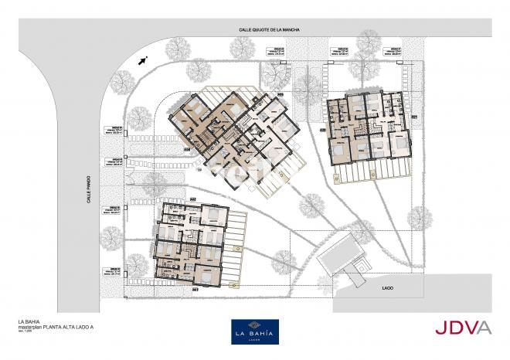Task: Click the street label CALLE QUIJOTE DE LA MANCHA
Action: [x=268, y=30]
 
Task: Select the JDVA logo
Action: [x=462, y=328]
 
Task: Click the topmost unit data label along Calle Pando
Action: [x=114, y=131]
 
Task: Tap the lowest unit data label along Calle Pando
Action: [x=114, y=273]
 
